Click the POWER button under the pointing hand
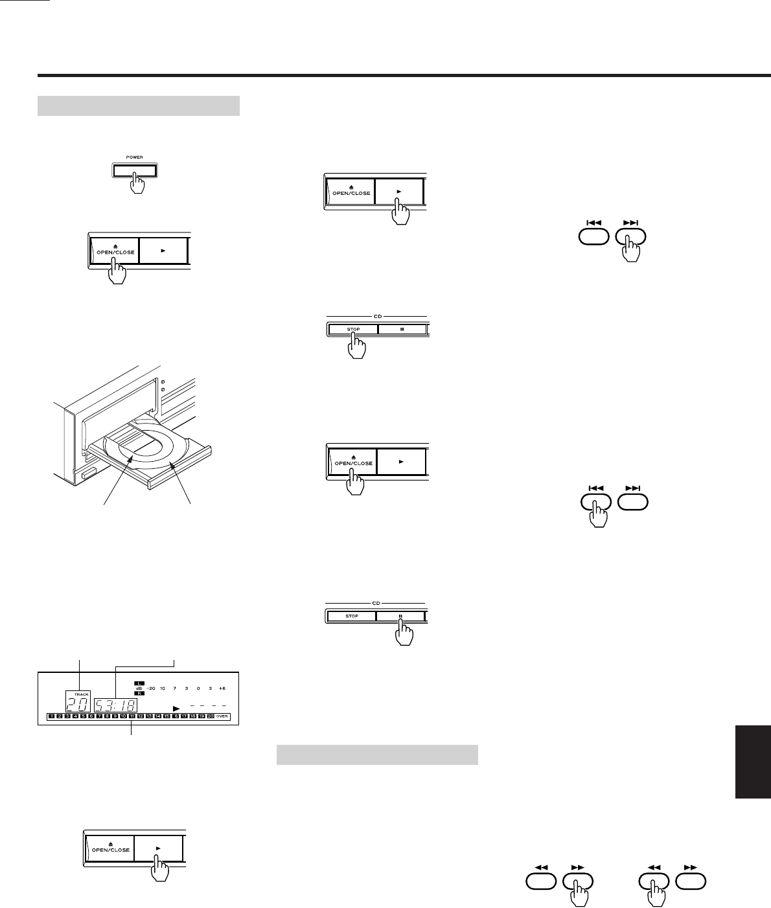pyautogui.click(x=133, y=171)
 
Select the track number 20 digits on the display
pyautogui.click(x=78, y=704)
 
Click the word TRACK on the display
pyautogui.click(x=79, y=694)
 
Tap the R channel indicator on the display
pyautogui.click(x=139, y=694)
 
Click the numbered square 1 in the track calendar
pyautogui.click(x=51, y=717)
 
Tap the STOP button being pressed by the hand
pyautogui.click(x=352, y=329)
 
